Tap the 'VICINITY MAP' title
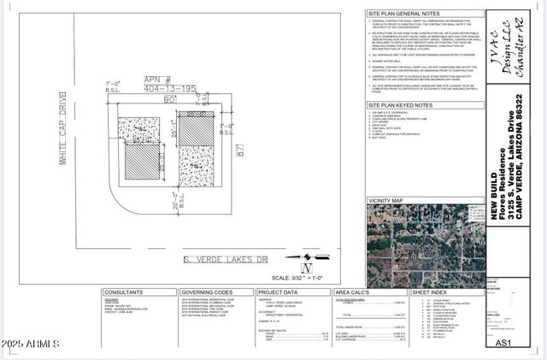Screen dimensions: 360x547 385,200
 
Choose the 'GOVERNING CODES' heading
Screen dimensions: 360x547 207,292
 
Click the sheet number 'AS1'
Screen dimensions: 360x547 503,343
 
